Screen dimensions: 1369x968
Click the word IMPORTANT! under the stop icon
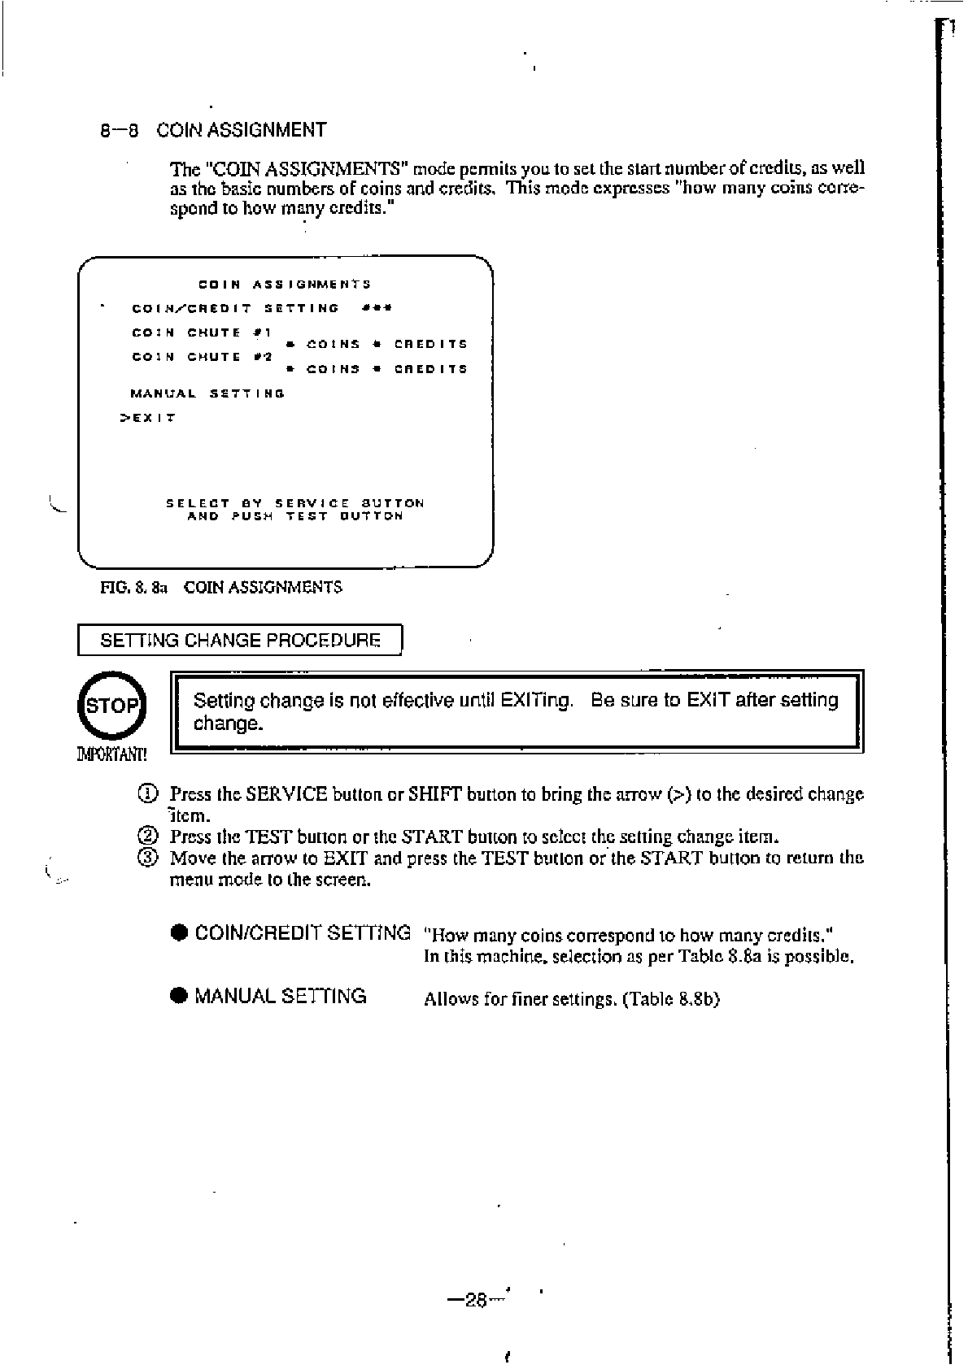111,754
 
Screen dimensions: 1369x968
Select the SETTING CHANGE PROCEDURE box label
240,640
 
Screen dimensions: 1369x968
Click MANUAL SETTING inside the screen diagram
207,393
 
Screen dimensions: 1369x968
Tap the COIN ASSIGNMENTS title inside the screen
285,285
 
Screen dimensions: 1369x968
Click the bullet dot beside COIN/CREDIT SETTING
180,934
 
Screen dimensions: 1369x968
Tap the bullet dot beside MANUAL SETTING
180,997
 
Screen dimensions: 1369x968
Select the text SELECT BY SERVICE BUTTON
294,503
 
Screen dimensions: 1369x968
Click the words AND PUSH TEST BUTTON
294,516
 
